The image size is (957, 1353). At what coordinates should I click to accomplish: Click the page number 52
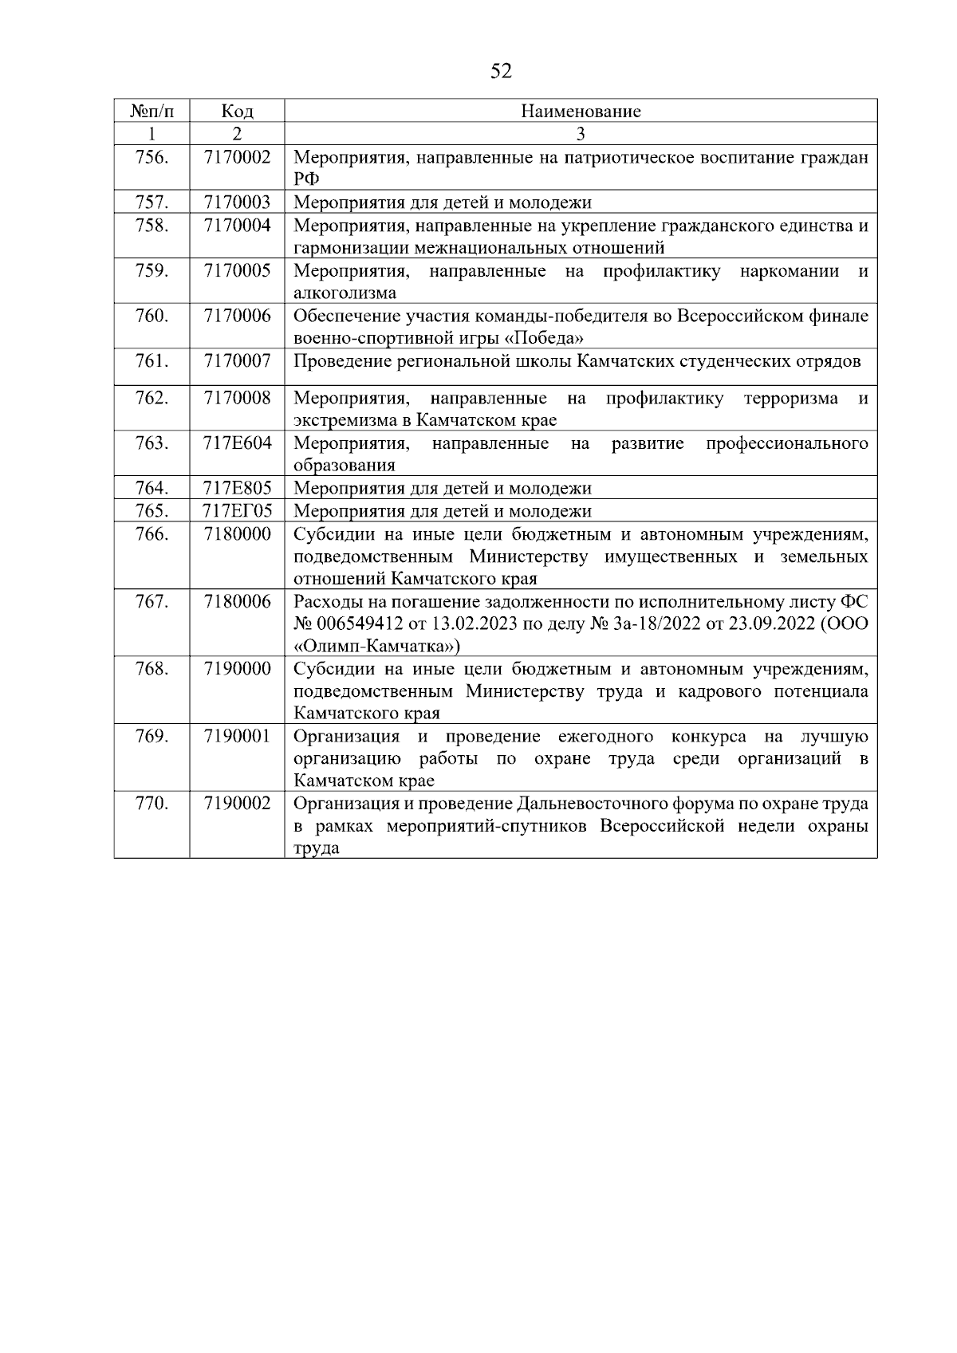[501, 72]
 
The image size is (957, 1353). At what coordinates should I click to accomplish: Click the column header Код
[237, 111]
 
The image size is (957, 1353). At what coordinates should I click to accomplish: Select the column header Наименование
[581, 111]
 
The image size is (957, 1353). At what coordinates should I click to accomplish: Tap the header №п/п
[152, 111]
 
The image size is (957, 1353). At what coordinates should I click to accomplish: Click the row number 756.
[152, 157]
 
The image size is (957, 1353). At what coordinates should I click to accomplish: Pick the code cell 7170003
[237, 203]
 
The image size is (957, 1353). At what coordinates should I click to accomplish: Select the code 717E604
[237, 443]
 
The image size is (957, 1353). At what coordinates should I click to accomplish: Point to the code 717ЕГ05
[237, 511]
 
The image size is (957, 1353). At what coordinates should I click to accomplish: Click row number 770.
[152, 804]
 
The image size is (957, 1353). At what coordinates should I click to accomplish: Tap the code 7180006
[237, 602]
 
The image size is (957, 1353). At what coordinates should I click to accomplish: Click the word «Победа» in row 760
[549, 339]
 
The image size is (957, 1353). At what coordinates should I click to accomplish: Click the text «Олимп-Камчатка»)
[376, 647]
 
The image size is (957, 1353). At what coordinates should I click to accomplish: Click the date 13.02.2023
[475, 624]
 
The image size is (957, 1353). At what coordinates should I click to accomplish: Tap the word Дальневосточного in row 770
[595, 804]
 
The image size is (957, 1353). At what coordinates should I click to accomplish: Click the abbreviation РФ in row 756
[305, 180]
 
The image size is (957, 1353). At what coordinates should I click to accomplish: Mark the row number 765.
[152, 511]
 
